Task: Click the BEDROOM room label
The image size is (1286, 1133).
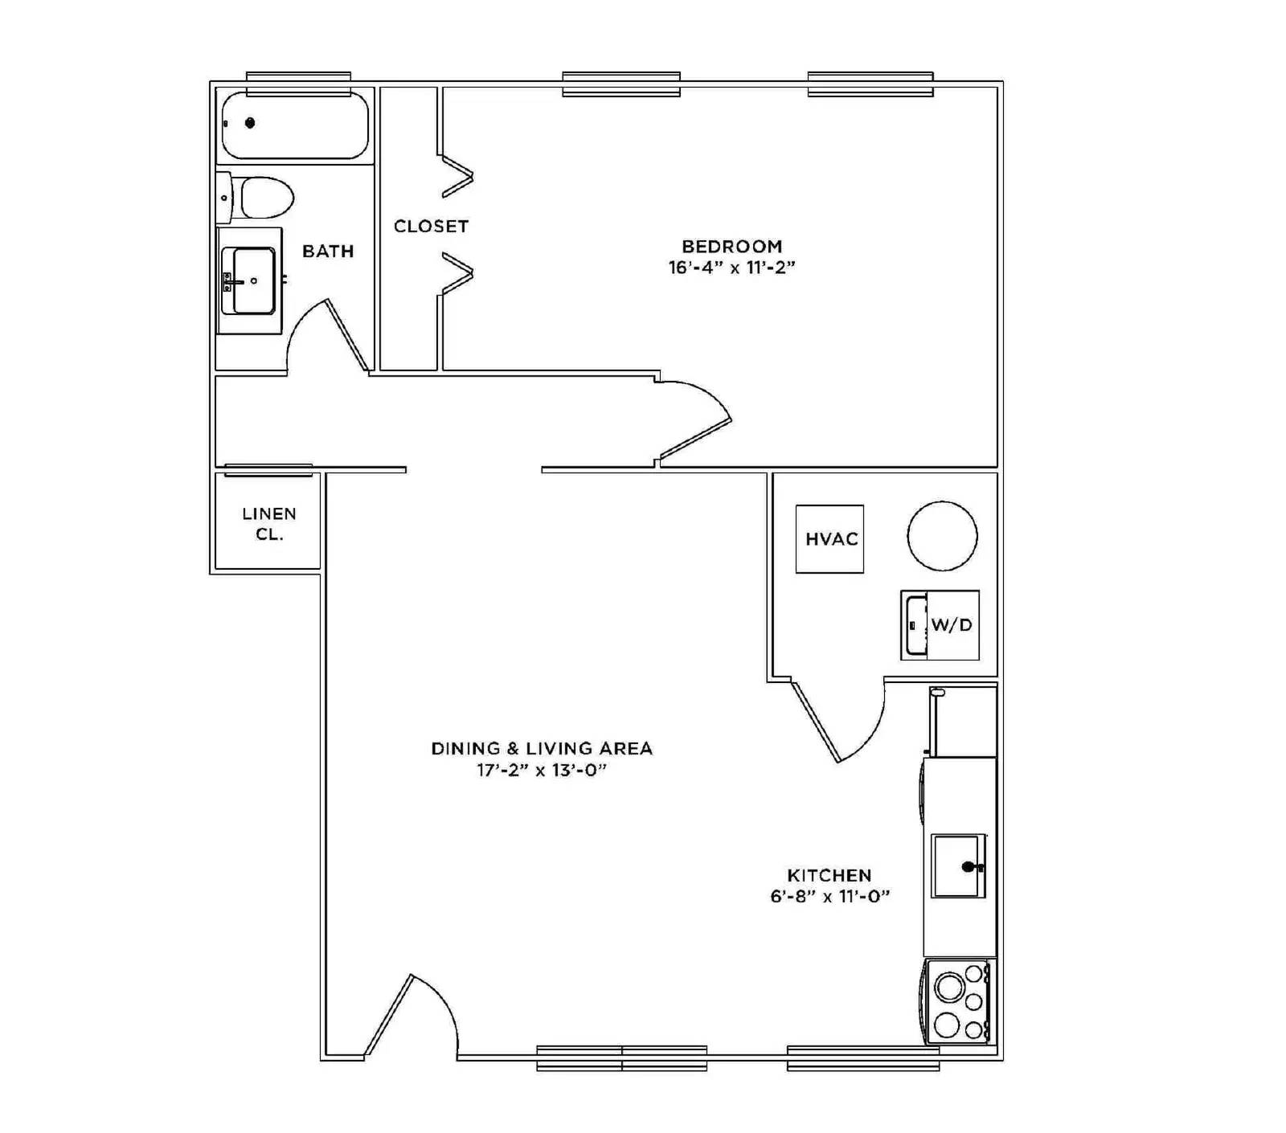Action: (731, 247)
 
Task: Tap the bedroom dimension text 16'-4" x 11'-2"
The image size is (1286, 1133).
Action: (731, 268)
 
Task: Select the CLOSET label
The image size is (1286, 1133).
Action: (431, 227)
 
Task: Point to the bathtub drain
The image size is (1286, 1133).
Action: (250, 123)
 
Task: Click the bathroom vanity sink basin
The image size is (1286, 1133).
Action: (253, 280)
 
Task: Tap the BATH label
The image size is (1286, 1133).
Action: (328, 252)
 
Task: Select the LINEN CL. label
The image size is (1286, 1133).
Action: (269, 524)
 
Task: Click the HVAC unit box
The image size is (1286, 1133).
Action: (829, 539)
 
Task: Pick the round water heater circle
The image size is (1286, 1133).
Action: (942, 536)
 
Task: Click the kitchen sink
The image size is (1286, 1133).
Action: (958, 866)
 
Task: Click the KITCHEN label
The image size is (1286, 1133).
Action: (829, 875)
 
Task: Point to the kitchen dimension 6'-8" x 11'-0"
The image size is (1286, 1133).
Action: (829, 897)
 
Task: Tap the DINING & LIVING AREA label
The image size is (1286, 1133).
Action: (542, 749)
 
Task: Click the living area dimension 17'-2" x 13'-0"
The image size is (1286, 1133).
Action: (542, 771)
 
